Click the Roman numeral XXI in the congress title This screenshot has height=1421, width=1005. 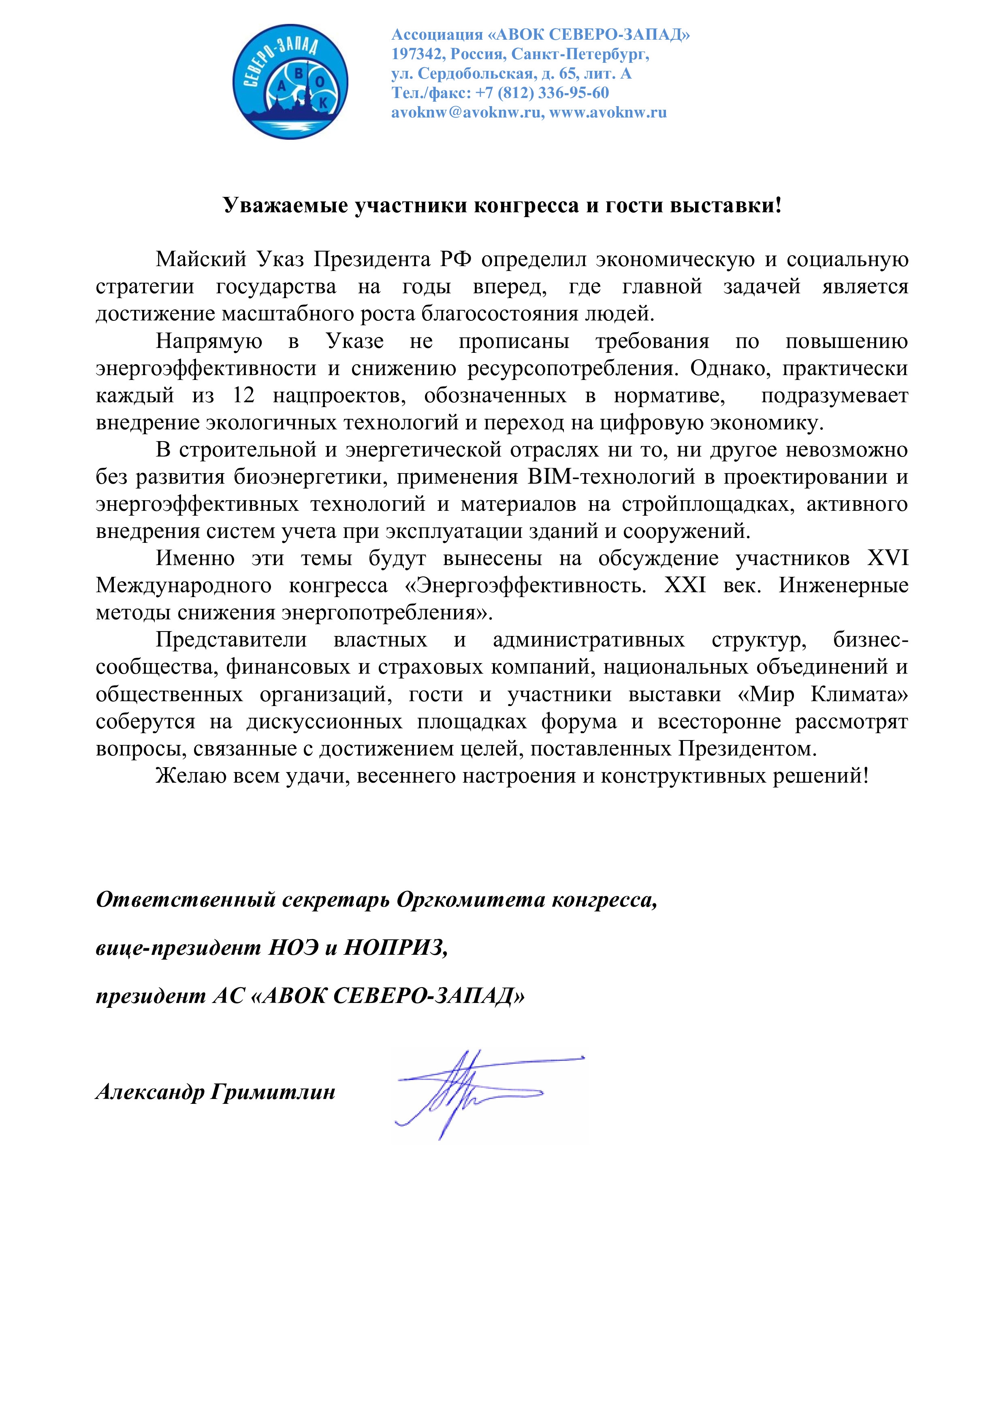(685, 585)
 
